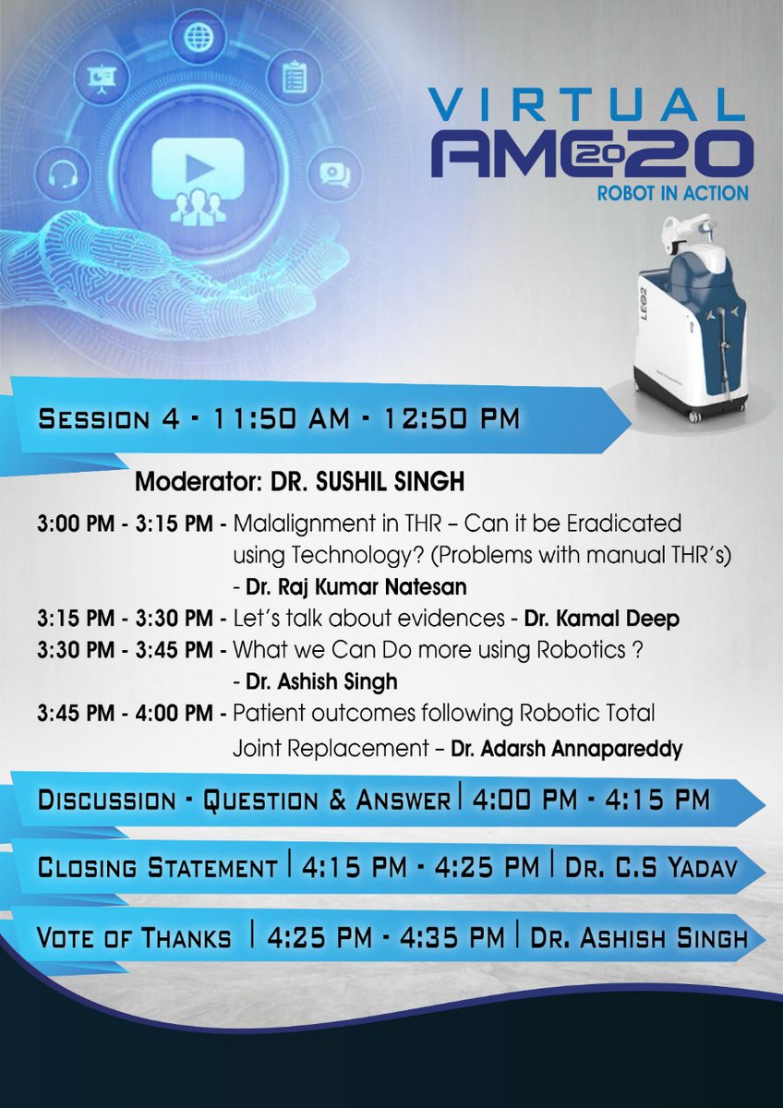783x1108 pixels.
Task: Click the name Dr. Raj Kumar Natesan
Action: [355, 585]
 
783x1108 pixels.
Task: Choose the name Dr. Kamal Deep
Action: [601, 619]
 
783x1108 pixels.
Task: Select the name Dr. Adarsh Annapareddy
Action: [566, 749]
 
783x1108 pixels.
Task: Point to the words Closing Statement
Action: [158, 868]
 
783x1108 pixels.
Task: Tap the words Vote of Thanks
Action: [135, 938]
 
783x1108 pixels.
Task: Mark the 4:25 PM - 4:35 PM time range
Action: [386, 938]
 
